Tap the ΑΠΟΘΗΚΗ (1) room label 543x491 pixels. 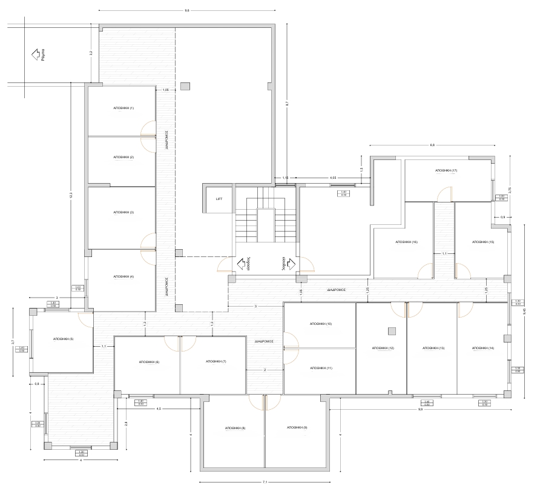point(123,108)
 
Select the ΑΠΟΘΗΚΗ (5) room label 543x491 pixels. point(64,339)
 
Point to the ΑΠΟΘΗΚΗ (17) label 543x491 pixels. point(446,171)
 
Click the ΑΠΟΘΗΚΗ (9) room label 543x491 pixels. point(297,428)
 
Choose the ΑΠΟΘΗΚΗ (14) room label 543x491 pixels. point(483,348)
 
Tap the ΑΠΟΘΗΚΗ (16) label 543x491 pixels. point(407,242)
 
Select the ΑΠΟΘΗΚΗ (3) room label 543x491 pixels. point(123,213)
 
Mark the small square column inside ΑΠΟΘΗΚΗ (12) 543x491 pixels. point(392,330)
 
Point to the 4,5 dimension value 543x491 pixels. point(159,409)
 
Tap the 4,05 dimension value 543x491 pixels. point(333,178)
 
